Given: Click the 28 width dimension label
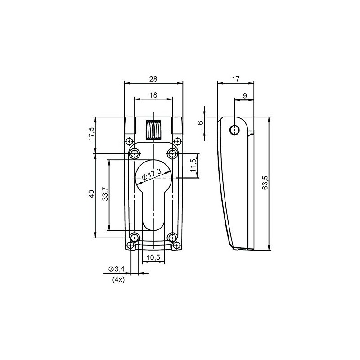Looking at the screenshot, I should click(x=153, y=79).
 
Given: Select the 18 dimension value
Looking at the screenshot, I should click(x=153, y=95).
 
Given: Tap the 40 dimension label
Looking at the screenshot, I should click(x=91, y=194).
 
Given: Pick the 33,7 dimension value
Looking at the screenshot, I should click(x=105, y=194).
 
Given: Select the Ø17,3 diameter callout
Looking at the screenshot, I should click(x=152, y=174).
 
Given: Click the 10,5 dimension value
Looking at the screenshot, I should click(x=153, y=257).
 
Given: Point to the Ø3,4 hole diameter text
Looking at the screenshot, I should click(x=116, y=269).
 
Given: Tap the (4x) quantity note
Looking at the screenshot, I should click(x=117, y=279).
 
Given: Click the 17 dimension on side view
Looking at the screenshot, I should click(x=235, y=79).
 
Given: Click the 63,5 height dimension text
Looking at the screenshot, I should click(x=265, y=183).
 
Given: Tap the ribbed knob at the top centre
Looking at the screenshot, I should click(x=153, y=131).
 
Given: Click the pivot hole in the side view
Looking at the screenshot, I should click(x=234, y=130).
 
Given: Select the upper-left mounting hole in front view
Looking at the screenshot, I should click(x=135, y=154).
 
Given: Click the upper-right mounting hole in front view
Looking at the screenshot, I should click(x=172, y=154).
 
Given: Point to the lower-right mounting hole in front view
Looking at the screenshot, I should click(x=172, y=237).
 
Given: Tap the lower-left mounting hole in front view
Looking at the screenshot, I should click(x=135, y=237).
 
